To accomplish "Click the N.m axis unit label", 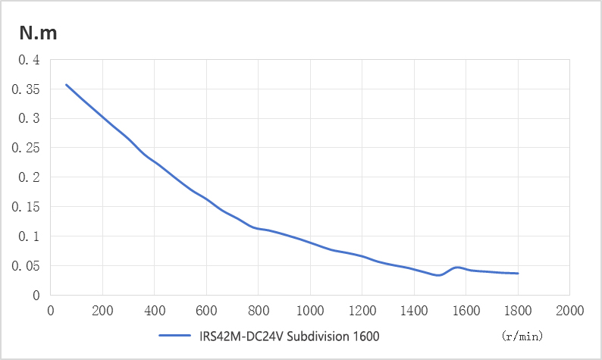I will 39,33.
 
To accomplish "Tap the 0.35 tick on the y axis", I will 26,89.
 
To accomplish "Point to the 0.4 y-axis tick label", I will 29,59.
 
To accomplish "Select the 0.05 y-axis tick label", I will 26,266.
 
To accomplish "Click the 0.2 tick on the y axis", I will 29,177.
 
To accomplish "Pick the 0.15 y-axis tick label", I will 26,207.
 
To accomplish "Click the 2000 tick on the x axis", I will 569,310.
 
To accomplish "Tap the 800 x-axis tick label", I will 258,310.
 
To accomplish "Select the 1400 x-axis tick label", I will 413,310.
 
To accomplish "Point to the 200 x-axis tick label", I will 102,310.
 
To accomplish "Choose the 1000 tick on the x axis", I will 309,310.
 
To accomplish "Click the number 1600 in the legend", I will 362,335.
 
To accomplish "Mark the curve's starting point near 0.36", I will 66,84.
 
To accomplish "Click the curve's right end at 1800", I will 518,274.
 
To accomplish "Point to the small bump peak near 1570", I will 457,267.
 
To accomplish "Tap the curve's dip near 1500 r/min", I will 438,275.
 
